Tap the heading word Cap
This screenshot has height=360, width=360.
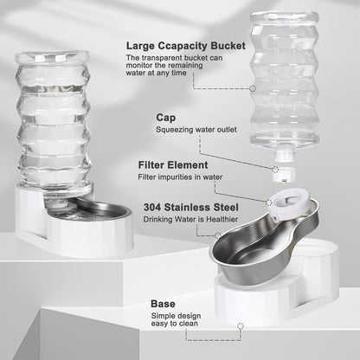pyautogui.click(x=166, y=117)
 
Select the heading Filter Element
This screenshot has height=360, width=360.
pyautogui.click(x=179, y=164)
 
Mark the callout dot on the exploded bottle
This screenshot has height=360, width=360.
pyautogui.click(x=253, y=87)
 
